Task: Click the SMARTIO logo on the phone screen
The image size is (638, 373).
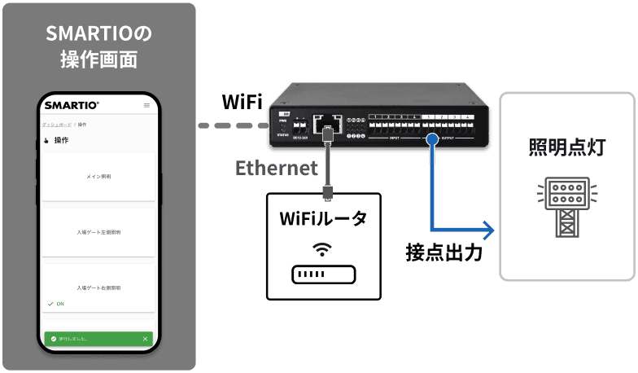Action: click(x=72, y=105)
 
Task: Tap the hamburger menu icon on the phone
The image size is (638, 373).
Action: click(x=146, y=105)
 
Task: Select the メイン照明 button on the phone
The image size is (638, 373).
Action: click(x=98, y=176)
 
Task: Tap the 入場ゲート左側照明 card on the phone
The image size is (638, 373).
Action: click(x=98, y=232)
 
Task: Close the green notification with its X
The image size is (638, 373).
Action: click(x=146, y=338)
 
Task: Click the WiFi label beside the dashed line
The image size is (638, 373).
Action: click(x=242, y=102)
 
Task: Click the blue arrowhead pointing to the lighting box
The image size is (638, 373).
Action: click(x=487, y=230)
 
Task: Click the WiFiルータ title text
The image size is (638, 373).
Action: click(x=323, y=218)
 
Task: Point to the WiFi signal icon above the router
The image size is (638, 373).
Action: click(x=323, y=249)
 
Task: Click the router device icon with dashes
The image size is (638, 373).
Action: click(x=323, y=274)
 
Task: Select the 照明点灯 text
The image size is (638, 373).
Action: click(x=567, y=147)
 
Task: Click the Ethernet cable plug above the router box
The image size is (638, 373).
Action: click(x=326, y=190)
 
